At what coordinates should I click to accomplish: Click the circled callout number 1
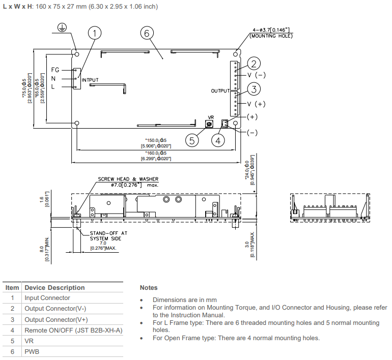point(94,34)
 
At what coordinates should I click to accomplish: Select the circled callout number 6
point(147,34)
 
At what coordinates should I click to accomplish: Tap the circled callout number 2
point(254,64)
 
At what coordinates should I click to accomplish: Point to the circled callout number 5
point(191,140)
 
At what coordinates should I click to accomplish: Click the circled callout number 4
point(218,140)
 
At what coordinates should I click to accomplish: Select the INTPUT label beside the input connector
point(90,80)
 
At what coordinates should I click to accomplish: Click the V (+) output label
point(257,104)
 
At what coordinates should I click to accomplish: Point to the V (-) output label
point(257,75)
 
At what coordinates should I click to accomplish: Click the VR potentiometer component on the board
point(208,124)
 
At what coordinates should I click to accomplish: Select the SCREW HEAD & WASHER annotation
point(128,179)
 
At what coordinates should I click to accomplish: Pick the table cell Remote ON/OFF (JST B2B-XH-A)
point(73,331)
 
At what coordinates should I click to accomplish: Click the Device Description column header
point(54,287)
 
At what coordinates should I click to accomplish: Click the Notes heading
point(149,288)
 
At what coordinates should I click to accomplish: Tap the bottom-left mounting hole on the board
point(76,123)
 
